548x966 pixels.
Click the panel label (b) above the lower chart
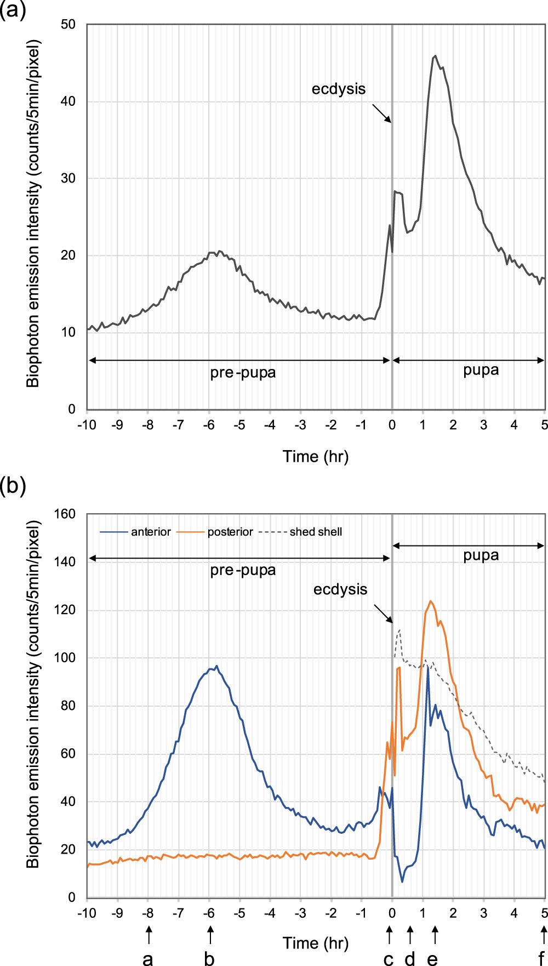tap(13, 486)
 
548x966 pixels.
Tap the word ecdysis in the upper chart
tap(338, 89)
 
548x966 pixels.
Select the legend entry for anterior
tap(150, 532)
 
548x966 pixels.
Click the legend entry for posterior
tap(230, 532)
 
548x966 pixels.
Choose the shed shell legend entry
tap(315, 532)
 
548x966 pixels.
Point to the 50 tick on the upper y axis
tap(68, 25)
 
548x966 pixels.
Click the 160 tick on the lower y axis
tap(65, 514)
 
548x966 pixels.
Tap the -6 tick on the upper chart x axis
tap(209, 425)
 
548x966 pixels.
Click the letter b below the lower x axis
tap(209, 958)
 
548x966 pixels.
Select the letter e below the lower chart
tap(432, 958)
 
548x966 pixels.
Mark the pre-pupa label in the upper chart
tap(243, 373)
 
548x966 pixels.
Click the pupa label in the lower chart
tap(481, 555)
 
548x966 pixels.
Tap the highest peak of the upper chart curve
tap(435, 55)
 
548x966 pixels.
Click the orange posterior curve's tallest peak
tap(431, 601)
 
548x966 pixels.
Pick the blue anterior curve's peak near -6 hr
tap(216, 666)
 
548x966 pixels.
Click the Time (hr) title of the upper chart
tap(315, 457)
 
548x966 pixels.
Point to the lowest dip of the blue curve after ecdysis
tap(402, 882)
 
